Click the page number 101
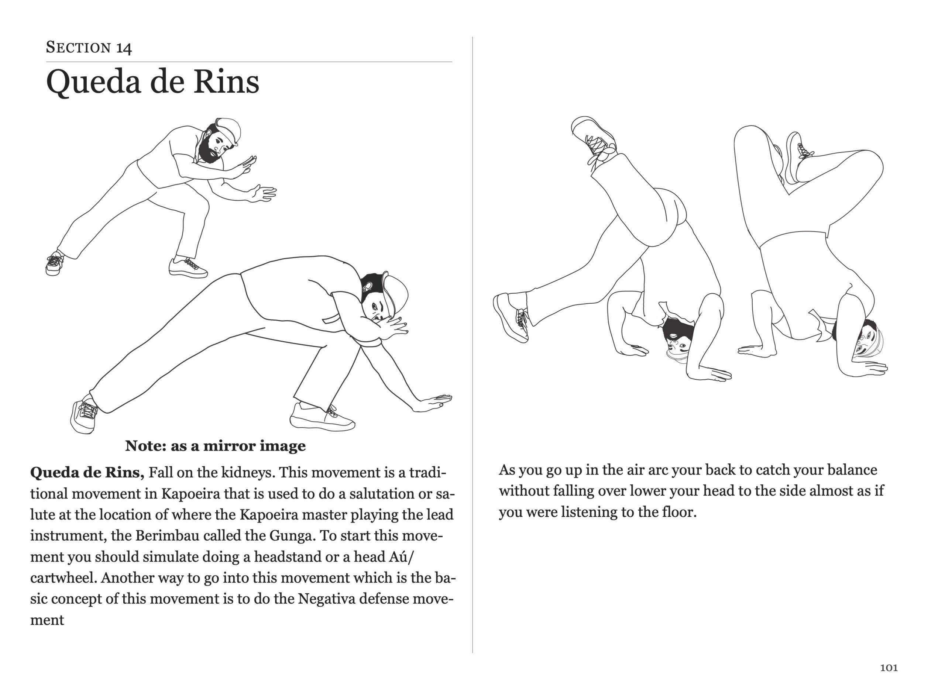tap(889, 668)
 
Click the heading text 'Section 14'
tap(89, 48)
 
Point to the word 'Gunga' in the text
tap(291, 535)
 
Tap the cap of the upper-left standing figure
tap(229, 130)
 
